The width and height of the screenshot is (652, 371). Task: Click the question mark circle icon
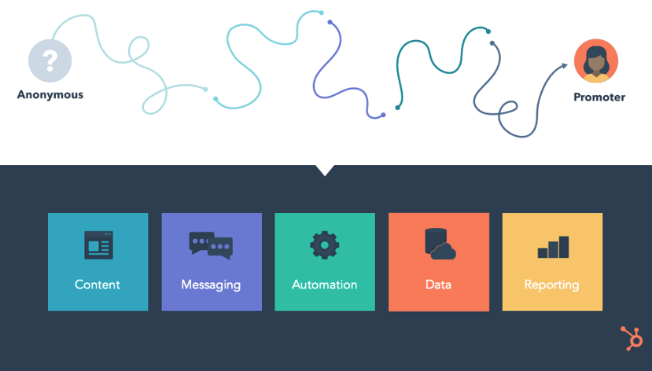pos(50,61)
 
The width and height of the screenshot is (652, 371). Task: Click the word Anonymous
pos(50,95)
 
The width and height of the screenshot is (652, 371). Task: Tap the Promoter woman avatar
pos(595,61)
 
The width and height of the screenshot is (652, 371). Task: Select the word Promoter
pos(599,97)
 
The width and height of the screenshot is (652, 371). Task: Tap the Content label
pos(98,285)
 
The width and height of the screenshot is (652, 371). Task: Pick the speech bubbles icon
pos(211,245)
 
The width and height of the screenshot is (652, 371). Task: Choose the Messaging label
pos(211,285)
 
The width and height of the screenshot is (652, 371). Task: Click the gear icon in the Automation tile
pos(324,245)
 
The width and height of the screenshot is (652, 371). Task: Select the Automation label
pos(324,285)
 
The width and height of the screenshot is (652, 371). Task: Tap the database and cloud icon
pos(439,244)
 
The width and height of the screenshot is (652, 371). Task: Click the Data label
pos(438,285)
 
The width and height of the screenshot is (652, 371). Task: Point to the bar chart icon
pos(553,247)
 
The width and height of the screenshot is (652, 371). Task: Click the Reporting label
pos(552,285)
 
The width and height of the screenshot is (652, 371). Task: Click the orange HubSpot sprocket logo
pos(630,338)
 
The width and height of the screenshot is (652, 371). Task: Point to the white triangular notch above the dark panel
pos(324,169)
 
